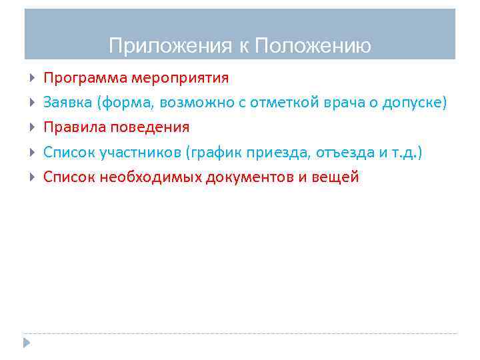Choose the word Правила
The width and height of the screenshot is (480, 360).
(x=71, y=127)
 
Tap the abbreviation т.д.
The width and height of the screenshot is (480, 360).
(x=406, y=152)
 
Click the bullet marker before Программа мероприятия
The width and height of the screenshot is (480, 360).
(x=33, y=79)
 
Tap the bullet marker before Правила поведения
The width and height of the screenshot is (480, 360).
(x=33, y=127)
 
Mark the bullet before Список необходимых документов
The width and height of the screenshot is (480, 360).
(x=33, y=177)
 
